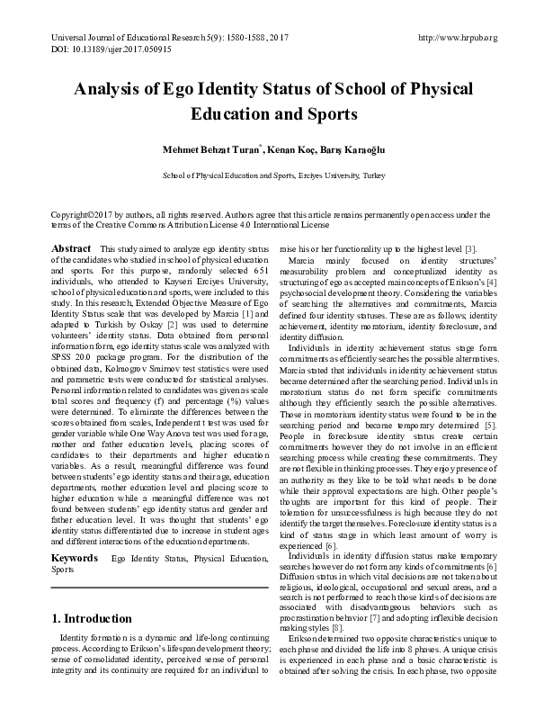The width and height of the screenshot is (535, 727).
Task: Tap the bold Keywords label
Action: pyautogui.click(x=75, y=534)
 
